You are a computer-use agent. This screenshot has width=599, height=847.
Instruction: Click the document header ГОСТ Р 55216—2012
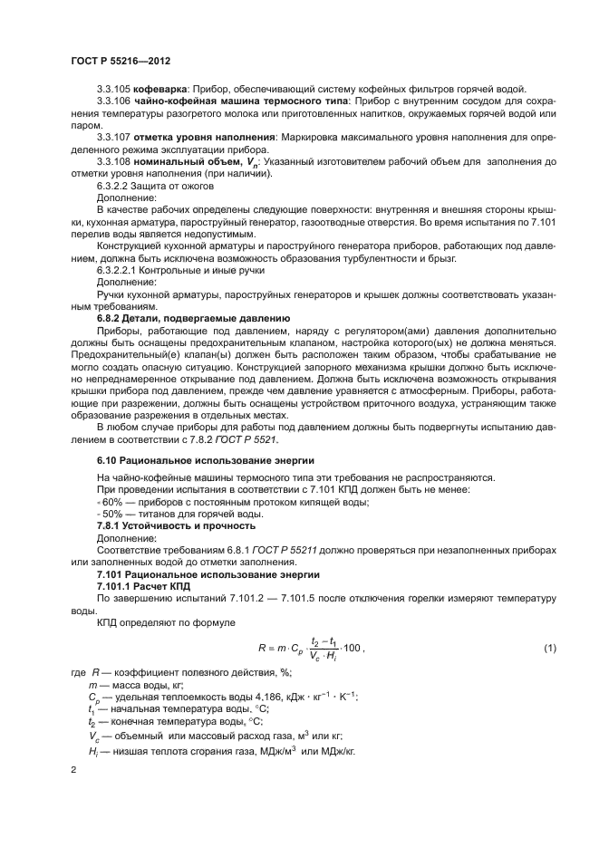pyautogui.click(x=121, y=60)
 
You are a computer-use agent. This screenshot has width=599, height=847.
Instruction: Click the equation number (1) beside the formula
pyautogui.click(x=549, y=647)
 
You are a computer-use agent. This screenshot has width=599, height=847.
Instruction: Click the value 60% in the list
pyautogui.click(x=111, y=501)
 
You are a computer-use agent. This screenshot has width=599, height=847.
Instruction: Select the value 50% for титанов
pyautogui.click(x=111, y=513)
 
